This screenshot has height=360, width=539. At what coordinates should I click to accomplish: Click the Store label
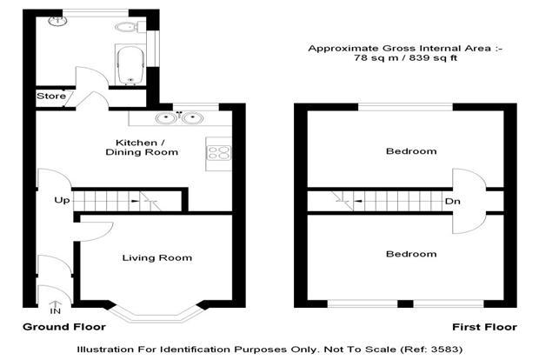coord(51,96)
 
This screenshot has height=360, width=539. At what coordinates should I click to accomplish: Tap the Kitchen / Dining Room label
coord(142,148)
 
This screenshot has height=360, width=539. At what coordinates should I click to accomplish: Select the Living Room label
coord(157,258)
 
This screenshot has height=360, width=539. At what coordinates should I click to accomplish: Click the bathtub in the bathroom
coord(130,65)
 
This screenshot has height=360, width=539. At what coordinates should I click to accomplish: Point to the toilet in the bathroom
coord(127,27)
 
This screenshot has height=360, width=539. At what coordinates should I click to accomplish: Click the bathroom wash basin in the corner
coord(57,21)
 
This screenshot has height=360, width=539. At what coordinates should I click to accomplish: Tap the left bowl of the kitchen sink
coord(166,118)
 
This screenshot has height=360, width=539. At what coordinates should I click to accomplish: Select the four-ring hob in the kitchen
coord(218,153)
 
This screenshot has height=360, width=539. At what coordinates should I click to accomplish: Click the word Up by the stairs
coord(62,201)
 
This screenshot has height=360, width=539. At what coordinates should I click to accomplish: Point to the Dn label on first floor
coord(452,201)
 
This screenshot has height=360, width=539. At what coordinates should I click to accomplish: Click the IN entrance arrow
coord(56,308)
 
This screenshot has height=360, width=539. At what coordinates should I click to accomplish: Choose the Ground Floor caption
coord(64,327)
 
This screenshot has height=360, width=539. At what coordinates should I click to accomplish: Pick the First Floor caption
coord(484,327)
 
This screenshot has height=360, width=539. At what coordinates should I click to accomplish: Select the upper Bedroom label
coord(411,151)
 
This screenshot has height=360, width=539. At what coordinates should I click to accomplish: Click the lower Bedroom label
coord(411,254)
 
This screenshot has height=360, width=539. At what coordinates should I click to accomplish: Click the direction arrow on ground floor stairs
coord(135,201)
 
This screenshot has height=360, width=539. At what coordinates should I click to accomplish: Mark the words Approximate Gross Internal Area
coord(399,49)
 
